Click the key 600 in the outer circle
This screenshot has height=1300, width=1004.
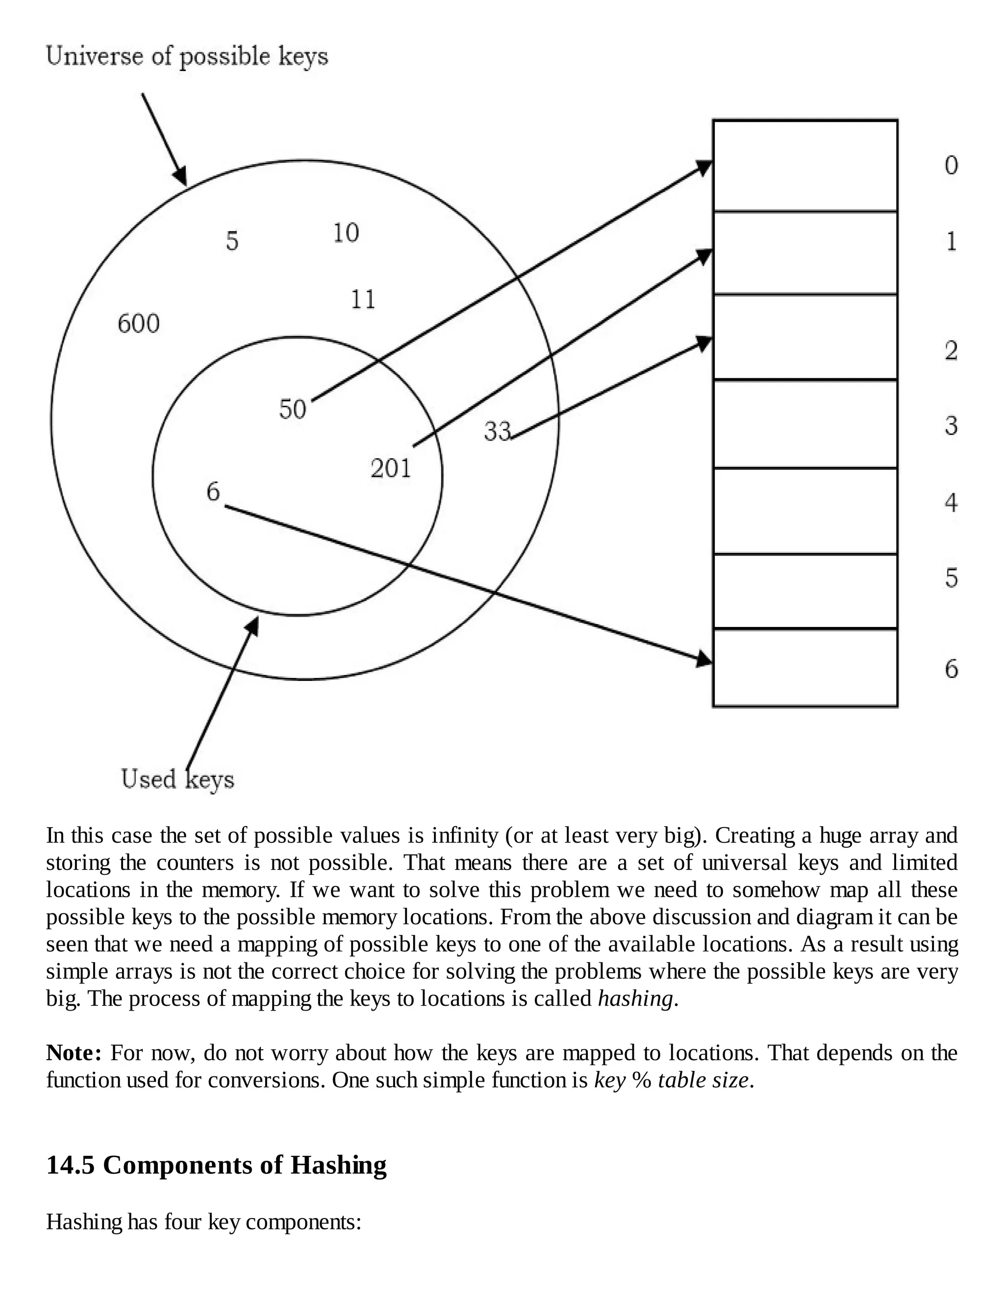coord(139,324)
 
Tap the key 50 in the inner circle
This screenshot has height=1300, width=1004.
coord(292,409)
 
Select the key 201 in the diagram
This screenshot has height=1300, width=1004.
coord(391,468)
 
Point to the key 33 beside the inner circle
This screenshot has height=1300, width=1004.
coord(497,431)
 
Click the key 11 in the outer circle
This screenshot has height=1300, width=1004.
coord(363,299)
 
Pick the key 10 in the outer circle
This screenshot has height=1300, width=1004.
coord(346,233)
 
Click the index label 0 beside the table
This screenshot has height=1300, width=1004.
coord(951,165)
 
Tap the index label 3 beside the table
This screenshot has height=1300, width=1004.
coord(951,426)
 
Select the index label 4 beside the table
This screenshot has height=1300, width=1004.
coord(951,503)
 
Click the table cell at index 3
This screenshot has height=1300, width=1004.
coord(805,424)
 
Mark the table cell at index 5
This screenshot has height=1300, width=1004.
coord(805,591)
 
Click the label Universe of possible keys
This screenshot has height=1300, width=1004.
coord(187,56)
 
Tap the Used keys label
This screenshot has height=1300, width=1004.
coord(177,779)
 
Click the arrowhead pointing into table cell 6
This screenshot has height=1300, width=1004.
coord(705,659)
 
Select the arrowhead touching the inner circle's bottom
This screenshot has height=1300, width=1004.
coord(253,625)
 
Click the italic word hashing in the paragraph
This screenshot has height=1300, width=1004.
coord(636,998)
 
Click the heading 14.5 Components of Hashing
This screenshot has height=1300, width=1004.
coord(217,1165)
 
